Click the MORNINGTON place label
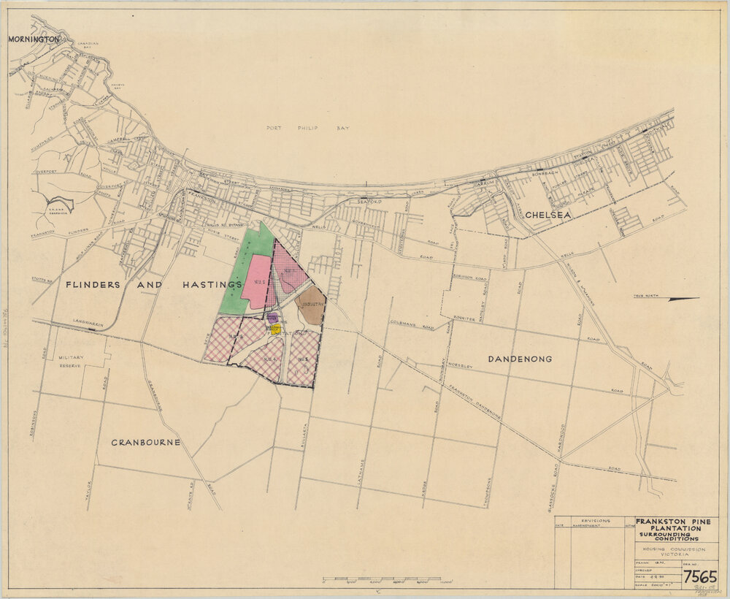tap(33, 39)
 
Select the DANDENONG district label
tap(519, 359)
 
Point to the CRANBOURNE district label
tap(145, 443)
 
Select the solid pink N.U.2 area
tap(256, 281)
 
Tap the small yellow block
tap(275, 329)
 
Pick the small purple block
tap(272, 318)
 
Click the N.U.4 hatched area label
tap(269, 359)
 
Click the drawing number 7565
tap(699, 577)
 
